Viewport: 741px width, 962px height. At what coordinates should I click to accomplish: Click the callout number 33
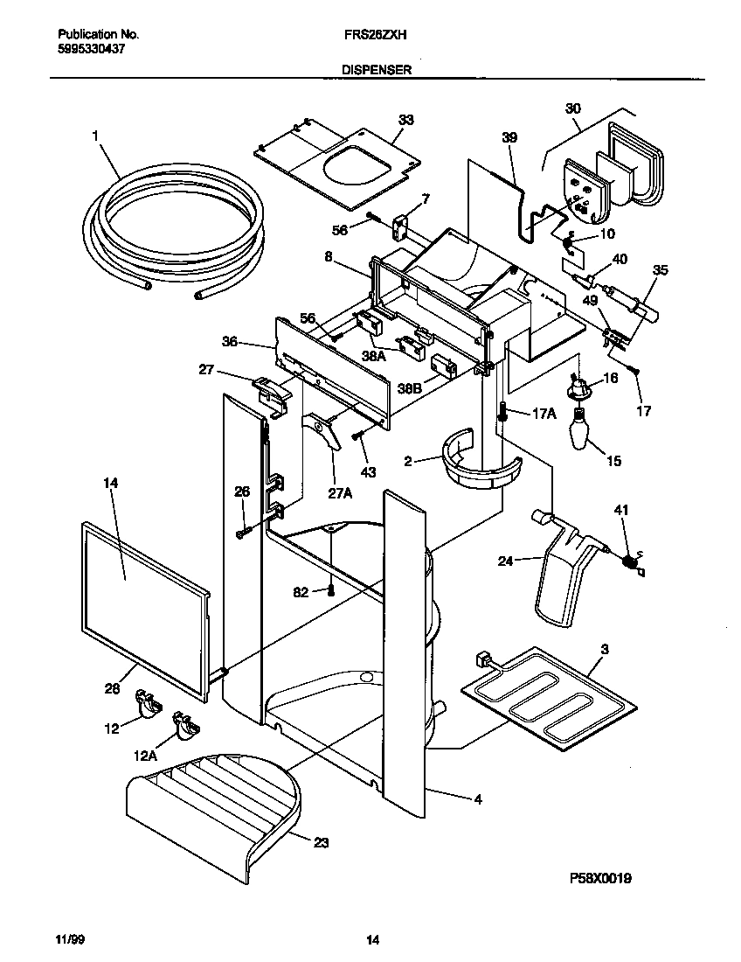[x=405, y=120]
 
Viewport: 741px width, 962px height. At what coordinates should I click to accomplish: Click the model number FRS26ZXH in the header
[x=370, y=34]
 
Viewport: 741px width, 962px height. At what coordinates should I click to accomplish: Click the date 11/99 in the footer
[x=69, y=941]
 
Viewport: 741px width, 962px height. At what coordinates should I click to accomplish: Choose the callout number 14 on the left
[x=109, y=483]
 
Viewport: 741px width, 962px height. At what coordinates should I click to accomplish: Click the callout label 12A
[x=145, y=755]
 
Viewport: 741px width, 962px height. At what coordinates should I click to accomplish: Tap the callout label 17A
[x=543, y=414]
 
